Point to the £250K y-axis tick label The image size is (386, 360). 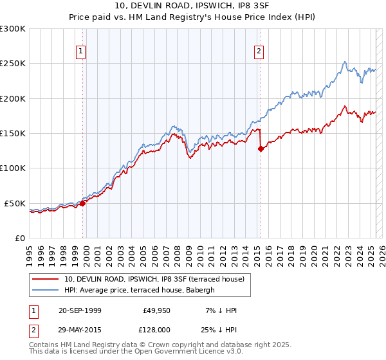[x=13, y=64]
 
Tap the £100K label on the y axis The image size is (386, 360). [x=13, y=168]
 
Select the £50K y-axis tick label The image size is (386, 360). [x=15, y=203]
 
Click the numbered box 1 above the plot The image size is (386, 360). [x=81, y=52]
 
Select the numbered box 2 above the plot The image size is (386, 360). [x=259, y=52]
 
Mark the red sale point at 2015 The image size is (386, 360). [x=261, y=149]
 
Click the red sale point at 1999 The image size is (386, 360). [x=83, y=203]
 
